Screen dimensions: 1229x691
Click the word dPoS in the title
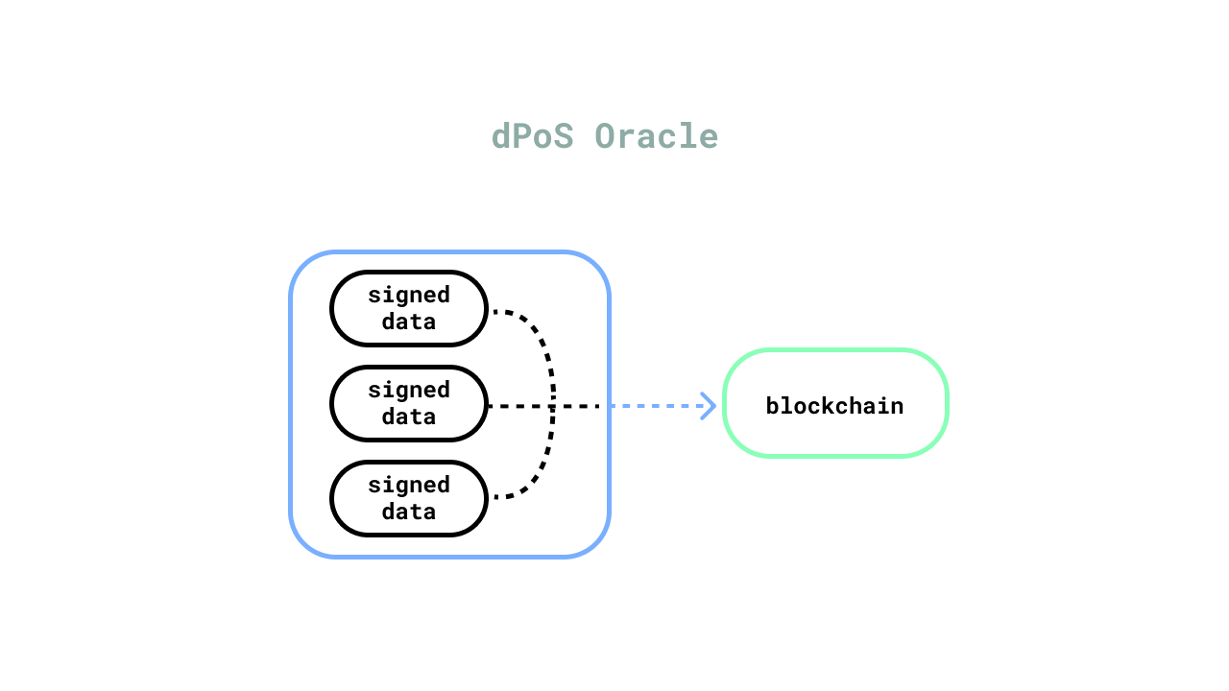coord(532,136)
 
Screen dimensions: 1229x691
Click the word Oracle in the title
coord(657,136)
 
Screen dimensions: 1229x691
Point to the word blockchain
coord(834,406)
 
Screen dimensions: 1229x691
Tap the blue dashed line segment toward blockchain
coord(663,406)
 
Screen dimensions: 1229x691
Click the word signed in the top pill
coord(409,296)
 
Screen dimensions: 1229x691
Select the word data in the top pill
coord(409,322)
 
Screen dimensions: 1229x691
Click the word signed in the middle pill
coord(409,391)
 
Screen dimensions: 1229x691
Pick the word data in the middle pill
coord(409,417)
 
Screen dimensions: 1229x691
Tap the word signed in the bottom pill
coord(409,486)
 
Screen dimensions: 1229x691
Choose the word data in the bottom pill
coord(409,512)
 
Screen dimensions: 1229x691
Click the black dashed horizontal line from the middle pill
coord(543,406)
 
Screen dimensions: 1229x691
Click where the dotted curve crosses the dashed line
coord(552,406)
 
